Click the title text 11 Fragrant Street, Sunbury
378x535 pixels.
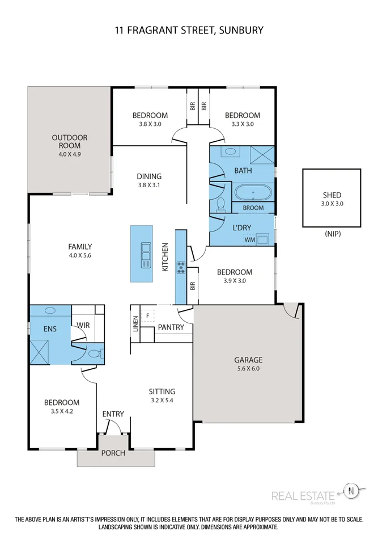pyautogui.click(x=188, y=30)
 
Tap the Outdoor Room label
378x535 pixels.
pyautogui.click(x=69, y=145)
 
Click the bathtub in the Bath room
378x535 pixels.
pyautogui.click(x=253, y=193)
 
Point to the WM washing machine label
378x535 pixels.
pyautogui.click(x=249, y=240)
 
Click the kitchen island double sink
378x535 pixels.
pyautogui.click(x=145, y=254)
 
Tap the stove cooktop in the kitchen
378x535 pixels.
pyautogui.click(x=181, y=267)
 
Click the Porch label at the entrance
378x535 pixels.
pyautogui.click(x=113, y=453)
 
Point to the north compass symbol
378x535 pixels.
pyautogui.click(x=351, y=490)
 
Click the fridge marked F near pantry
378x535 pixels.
pyautogui.click(x=148, y=315)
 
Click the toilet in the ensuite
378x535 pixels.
pyautogui.click(x=94, y=353)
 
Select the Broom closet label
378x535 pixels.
pyautogui.click(x=253, y=208)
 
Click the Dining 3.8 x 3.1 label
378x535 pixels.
pyautogui.click(x=149, y=180)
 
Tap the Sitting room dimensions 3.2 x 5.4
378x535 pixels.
pyautogui.click(x=162, y=400)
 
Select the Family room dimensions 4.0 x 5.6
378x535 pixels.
pyautogui.click(x=79, y=255)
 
